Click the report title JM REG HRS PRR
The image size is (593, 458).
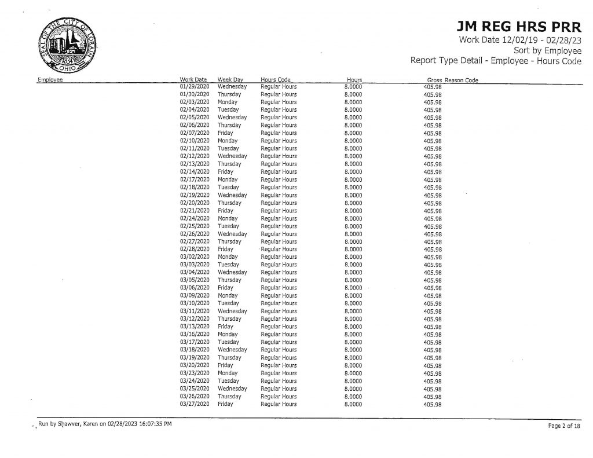tap(519, 27)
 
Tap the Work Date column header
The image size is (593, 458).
tap(193, 79)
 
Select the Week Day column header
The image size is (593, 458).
tap(230, 79)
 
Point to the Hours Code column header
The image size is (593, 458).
tap(276, 79)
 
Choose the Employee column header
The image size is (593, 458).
tap(50, 80)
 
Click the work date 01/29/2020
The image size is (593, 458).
tap(194, 86)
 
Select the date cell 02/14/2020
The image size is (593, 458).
tap(194, 172)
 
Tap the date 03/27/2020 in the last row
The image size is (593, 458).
tap(194, 404)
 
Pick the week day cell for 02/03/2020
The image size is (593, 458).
tap(228, 102)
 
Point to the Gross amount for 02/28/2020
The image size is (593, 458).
tap(433, 250)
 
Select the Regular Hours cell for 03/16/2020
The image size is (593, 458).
tap(279, 335)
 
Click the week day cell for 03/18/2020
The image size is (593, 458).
tap(232, 350)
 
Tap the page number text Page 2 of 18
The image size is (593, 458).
tap(563, 426)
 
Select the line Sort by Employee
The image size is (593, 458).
tap(547, 50)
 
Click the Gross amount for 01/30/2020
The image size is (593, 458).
tap(433, 94)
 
